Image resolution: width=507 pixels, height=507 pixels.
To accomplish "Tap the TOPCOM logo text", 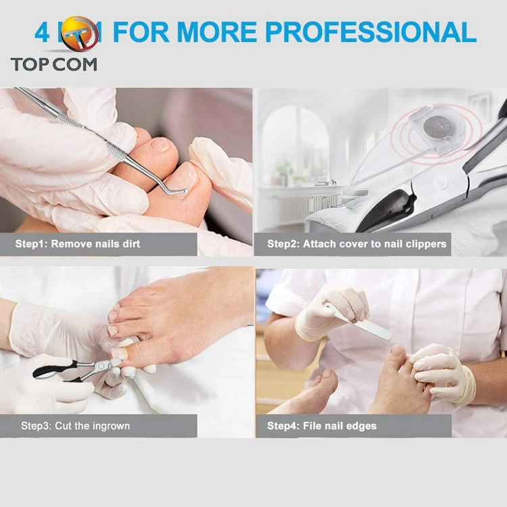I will click(53, 64).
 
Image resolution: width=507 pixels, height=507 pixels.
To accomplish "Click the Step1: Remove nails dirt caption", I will click(78, 243).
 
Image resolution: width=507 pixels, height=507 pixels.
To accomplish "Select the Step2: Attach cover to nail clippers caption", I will click(357, 243).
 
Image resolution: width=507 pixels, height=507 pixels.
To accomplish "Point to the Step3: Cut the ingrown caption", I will click(75, 426).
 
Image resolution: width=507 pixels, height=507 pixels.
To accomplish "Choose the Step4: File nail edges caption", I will click(322, 426).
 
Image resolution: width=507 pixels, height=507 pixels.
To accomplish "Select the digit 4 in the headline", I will click(42, 32).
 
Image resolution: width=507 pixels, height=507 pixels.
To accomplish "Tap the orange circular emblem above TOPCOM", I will click(79, 35).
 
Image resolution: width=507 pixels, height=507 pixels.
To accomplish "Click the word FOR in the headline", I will click(141, 32).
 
